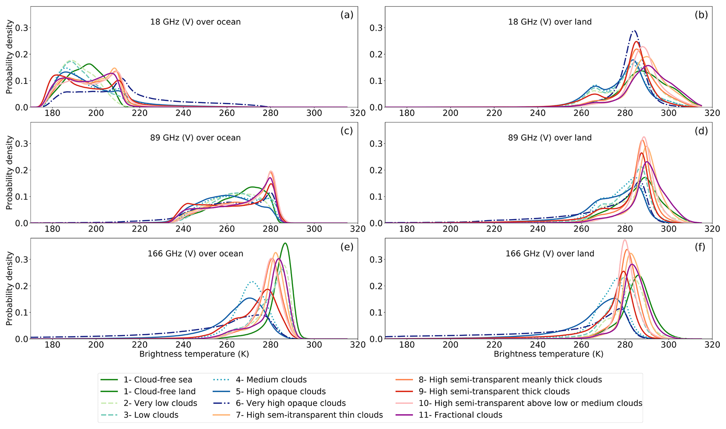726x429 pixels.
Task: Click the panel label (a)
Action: pyautogui.click(x=346, y=15)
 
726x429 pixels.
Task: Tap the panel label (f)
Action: pyautogui.click(x=700, y=247)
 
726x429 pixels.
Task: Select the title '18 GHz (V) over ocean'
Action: pyautogui.click(x=195, y=22)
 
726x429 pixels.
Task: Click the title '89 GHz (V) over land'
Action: pyautogui.click(x=550, y=138)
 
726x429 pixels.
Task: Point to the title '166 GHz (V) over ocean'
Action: pyautogui.click(x=195, y=253)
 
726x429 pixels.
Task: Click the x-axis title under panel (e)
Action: pyautogui.click(x=194, y=354)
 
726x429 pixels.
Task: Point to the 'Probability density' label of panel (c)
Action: pyautogui.click(x=9, y=173)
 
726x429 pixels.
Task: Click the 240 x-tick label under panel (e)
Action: pyautogui.click(x=183, y=345)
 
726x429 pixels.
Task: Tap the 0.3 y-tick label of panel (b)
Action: pyautogui.click(x=375, y=28)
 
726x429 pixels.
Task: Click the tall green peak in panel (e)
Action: pyautogui.click(x=285, y=243)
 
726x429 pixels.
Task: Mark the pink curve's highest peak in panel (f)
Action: pyautogui.click(x=624, y=240)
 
